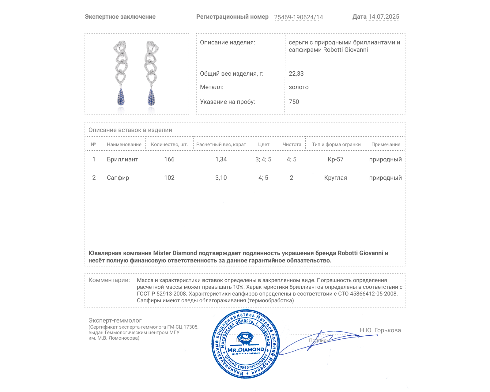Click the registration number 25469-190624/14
click(x=298, y=17)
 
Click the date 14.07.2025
click(x=383, y=17)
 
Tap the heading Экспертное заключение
click(x=120, y=17)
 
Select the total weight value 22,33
click(x=296, y=73)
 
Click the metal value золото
click(x=299, y=87)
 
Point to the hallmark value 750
click(x=294, y=102)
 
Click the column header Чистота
click(x=292, y=145)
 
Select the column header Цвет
click(x=263, y=145)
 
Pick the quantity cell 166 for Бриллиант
click(x=169, y=159)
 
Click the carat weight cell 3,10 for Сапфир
click(x=221, y=178)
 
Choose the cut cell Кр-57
click(x=335, y=159)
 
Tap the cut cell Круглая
click(x=335, y=178)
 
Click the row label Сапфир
click(x=118, y=178)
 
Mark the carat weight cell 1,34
click(x=221, y=159)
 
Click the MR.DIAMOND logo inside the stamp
click(x=246, y=349)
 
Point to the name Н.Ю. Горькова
click(x=380, y=330)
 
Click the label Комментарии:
click(x=109, y=280)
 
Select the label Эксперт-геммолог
click(x=115, y=320)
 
